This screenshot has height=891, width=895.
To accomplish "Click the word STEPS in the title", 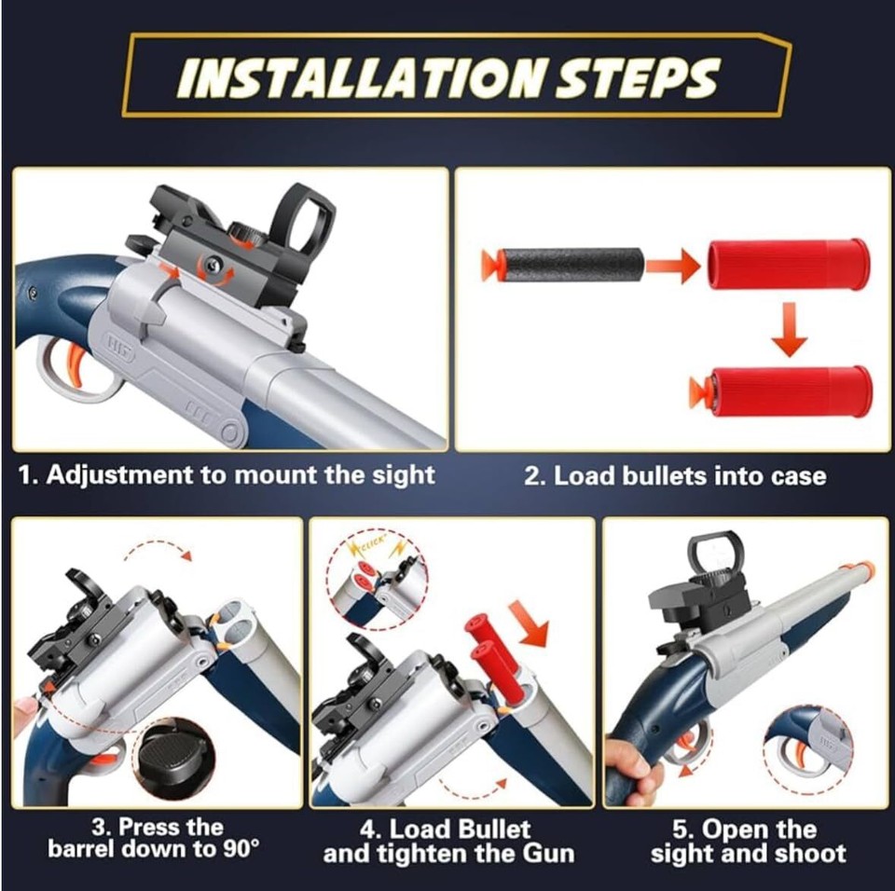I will [x=638, y=78].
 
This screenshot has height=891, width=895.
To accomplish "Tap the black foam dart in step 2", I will [x=569, y=264].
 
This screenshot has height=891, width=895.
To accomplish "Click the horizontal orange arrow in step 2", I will [x=672, y=266].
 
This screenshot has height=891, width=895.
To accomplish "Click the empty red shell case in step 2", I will [x=789, y=264].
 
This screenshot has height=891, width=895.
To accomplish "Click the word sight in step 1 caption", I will [x=402, y=474].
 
